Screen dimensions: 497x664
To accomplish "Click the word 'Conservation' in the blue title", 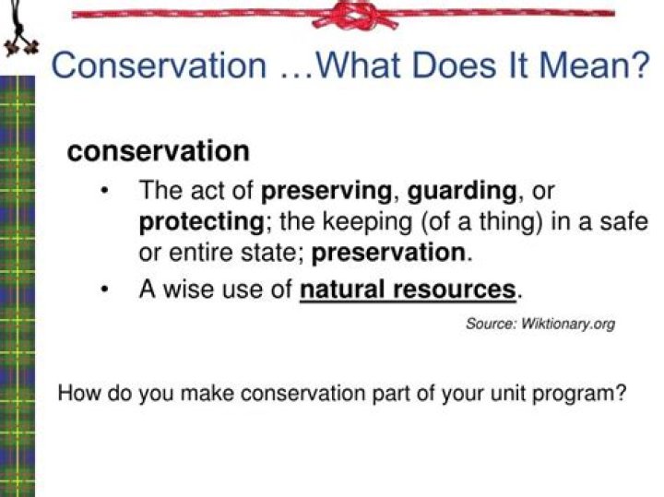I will click(158, 66).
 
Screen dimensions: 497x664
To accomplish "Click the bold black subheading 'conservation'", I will click(158, 151).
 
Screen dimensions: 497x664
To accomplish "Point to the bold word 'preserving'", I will click(327, 192).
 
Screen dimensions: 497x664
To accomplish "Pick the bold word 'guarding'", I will click(462, 192).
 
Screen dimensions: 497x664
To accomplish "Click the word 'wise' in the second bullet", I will click(190, 290).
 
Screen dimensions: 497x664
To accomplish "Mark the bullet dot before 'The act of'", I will click(107, 192).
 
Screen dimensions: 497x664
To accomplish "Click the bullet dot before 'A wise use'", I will click(107, 290).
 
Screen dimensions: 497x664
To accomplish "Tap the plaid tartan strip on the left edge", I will click(17, 277).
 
